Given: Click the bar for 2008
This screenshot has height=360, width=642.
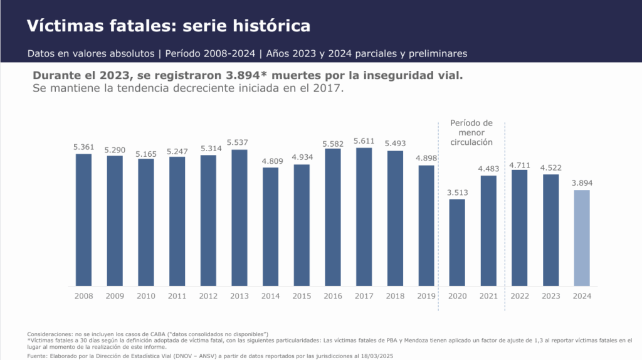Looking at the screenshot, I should point(83,220).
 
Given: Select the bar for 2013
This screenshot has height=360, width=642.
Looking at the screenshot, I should point(239,217).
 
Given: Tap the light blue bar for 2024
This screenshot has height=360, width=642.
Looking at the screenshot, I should point(582,238).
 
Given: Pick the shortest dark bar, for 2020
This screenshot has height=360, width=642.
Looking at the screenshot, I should point(457,242).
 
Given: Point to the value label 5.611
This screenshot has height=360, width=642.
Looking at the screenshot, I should point(364,142).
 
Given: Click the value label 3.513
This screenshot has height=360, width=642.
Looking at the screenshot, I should point(457,193).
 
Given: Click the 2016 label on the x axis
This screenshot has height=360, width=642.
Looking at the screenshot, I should point(333,296).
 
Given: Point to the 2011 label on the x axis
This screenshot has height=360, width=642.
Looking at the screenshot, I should point(177,296).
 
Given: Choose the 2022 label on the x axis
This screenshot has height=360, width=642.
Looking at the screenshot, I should point(520,296).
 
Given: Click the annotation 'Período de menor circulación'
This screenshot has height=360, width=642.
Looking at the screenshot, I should point(471,132).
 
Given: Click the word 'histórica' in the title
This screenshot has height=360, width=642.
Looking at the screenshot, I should point(271,26).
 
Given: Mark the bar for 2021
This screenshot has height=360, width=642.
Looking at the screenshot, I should point(488,230).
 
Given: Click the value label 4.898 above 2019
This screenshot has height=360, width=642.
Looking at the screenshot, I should point(426,159).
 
